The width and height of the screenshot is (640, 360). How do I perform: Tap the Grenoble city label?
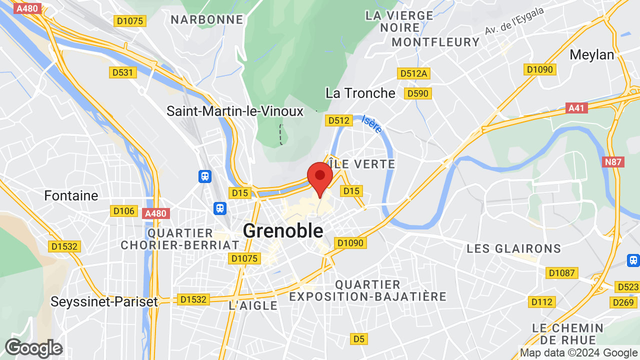click(283, 230)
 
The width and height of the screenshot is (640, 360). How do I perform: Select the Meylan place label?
click(592, 54)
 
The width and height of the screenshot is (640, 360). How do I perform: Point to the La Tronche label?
click(360, 93)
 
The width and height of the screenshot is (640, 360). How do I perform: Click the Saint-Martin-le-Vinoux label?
click(235, 111)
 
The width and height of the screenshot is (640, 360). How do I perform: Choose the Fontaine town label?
click(71, 195)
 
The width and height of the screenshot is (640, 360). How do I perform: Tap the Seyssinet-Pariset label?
click(104, 301)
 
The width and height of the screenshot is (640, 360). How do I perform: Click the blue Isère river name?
click(372, 124)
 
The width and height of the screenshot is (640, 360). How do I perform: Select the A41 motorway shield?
click(577, 108)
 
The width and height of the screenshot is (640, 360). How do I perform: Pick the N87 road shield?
click(613, 161)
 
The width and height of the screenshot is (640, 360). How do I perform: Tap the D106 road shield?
click(123, 211)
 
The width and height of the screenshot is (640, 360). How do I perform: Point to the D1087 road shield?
click(562, 273)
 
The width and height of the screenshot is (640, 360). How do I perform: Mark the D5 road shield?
click(358, 339)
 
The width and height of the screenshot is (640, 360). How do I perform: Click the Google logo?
click(33, 348)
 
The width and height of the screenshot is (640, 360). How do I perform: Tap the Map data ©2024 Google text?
click(578, 353)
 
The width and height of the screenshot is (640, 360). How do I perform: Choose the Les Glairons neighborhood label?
click(513, 248)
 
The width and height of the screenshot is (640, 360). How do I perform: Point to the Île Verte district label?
click(362, 164)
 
